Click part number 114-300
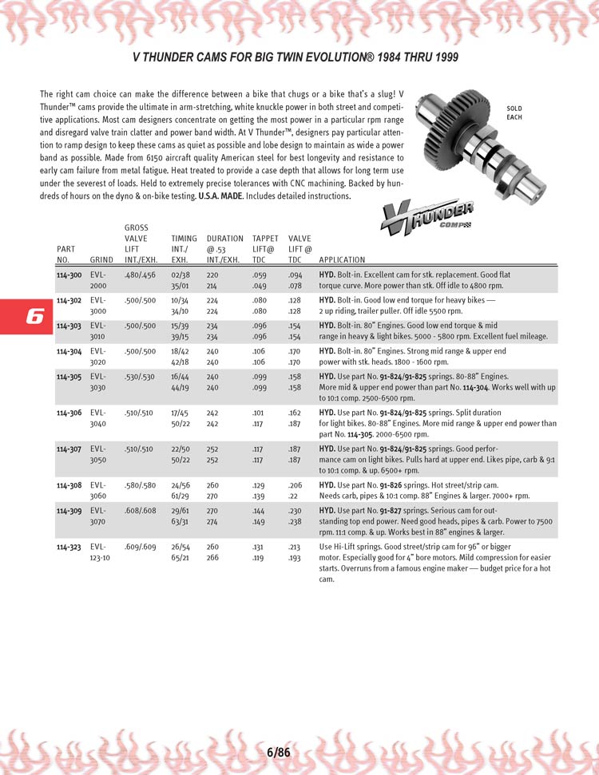69,275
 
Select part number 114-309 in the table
69,509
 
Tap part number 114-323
69,547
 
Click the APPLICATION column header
342,259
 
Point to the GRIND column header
101,259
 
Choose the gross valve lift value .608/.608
141,509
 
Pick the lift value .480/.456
141,275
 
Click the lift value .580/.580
141,484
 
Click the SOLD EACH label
514,113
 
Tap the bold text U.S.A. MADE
223,196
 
